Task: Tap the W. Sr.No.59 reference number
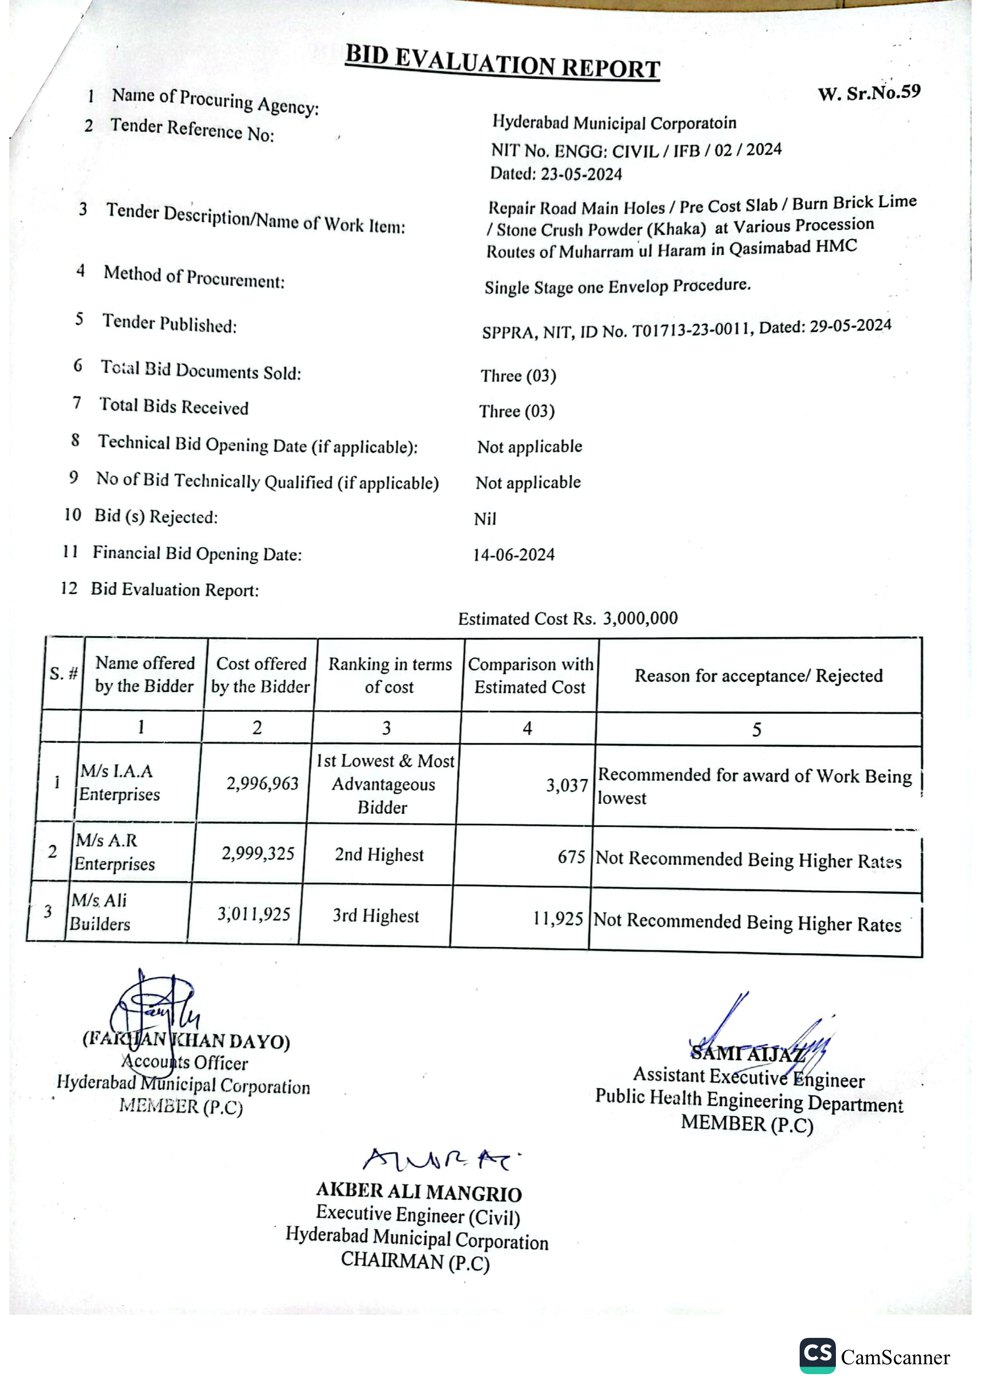(868, 92)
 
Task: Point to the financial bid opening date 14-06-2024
(513, 554)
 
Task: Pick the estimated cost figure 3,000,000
(640, 618)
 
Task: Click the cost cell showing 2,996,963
(262, 784)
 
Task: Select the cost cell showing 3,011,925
(254, 913)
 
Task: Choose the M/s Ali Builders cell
(100, 912)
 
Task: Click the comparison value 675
(571, 857)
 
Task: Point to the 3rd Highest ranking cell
(375, 916)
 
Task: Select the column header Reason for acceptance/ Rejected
(758, 675)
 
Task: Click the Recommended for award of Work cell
(754, 786)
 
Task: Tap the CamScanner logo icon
(817, 1355)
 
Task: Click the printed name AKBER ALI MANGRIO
(419, 1192)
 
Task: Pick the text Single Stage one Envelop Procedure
(617, 285)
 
